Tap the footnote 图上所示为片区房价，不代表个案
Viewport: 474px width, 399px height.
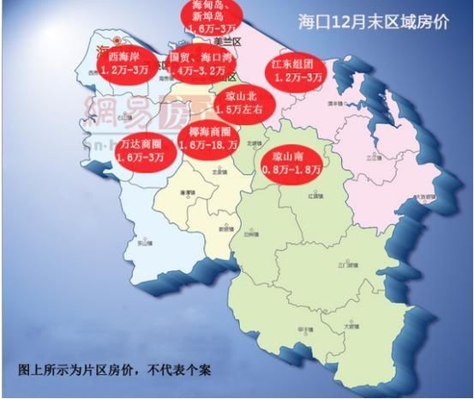point(114,371)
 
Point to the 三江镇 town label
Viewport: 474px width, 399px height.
point(374,159)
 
